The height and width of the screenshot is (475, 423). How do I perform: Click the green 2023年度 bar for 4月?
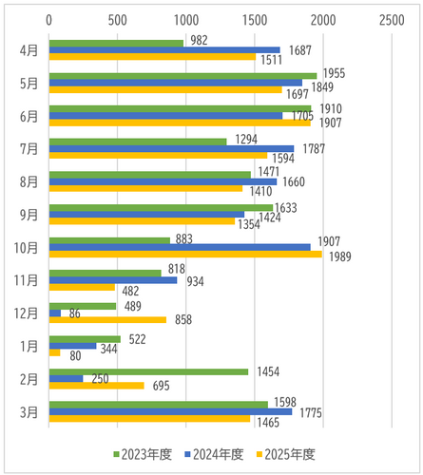coord(116,44)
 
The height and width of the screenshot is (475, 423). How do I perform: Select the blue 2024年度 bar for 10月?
coord(180,247)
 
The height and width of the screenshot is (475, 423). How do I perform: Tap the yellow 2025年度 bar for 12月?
coord(107,320)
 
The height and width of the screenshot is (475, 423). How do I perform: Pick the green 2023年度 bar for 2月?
coord(148,371)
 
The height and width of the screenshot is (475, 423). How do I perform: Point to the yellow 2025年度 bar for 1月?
coord(54,352)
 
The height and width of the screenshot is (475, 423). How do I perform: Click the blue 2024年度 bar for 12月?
coord(55,313)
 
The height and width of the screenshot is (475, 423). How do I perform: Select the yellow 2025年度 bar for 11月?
coord(82,287)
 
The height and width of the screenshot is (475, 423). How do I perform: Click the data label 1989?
coord(340,256)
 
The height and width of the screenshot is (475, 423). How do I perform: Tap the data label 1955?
coord(334,73)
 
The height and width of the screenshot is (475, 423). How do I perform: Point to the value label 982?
coord(199,40)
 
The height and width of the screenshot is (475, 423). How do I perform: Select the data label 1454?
coord(268,371)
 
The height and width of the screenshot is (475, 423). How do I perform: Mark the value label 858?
coord(183,320)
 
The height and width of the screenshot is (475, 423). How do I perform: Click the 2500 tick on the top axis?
coord(392,20)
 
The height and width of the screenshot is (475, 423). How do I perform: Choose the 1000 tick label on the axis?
coord(186,20)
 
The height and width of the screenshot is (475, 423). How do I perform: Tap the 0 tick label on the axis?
coord(48,20)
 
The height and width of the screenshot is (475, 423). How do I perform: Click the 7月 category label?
coord(29,149)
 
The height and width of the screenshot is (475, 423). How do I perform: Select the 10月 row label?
coord(26,248)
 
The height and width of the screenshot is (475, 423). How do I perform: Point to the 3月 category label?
coord(29,412)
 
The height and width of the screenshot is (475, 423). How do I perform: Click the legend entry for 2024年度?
coord(214,454)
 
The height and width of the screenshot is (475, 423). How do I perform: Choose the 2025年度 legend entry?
coord(286,454)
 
